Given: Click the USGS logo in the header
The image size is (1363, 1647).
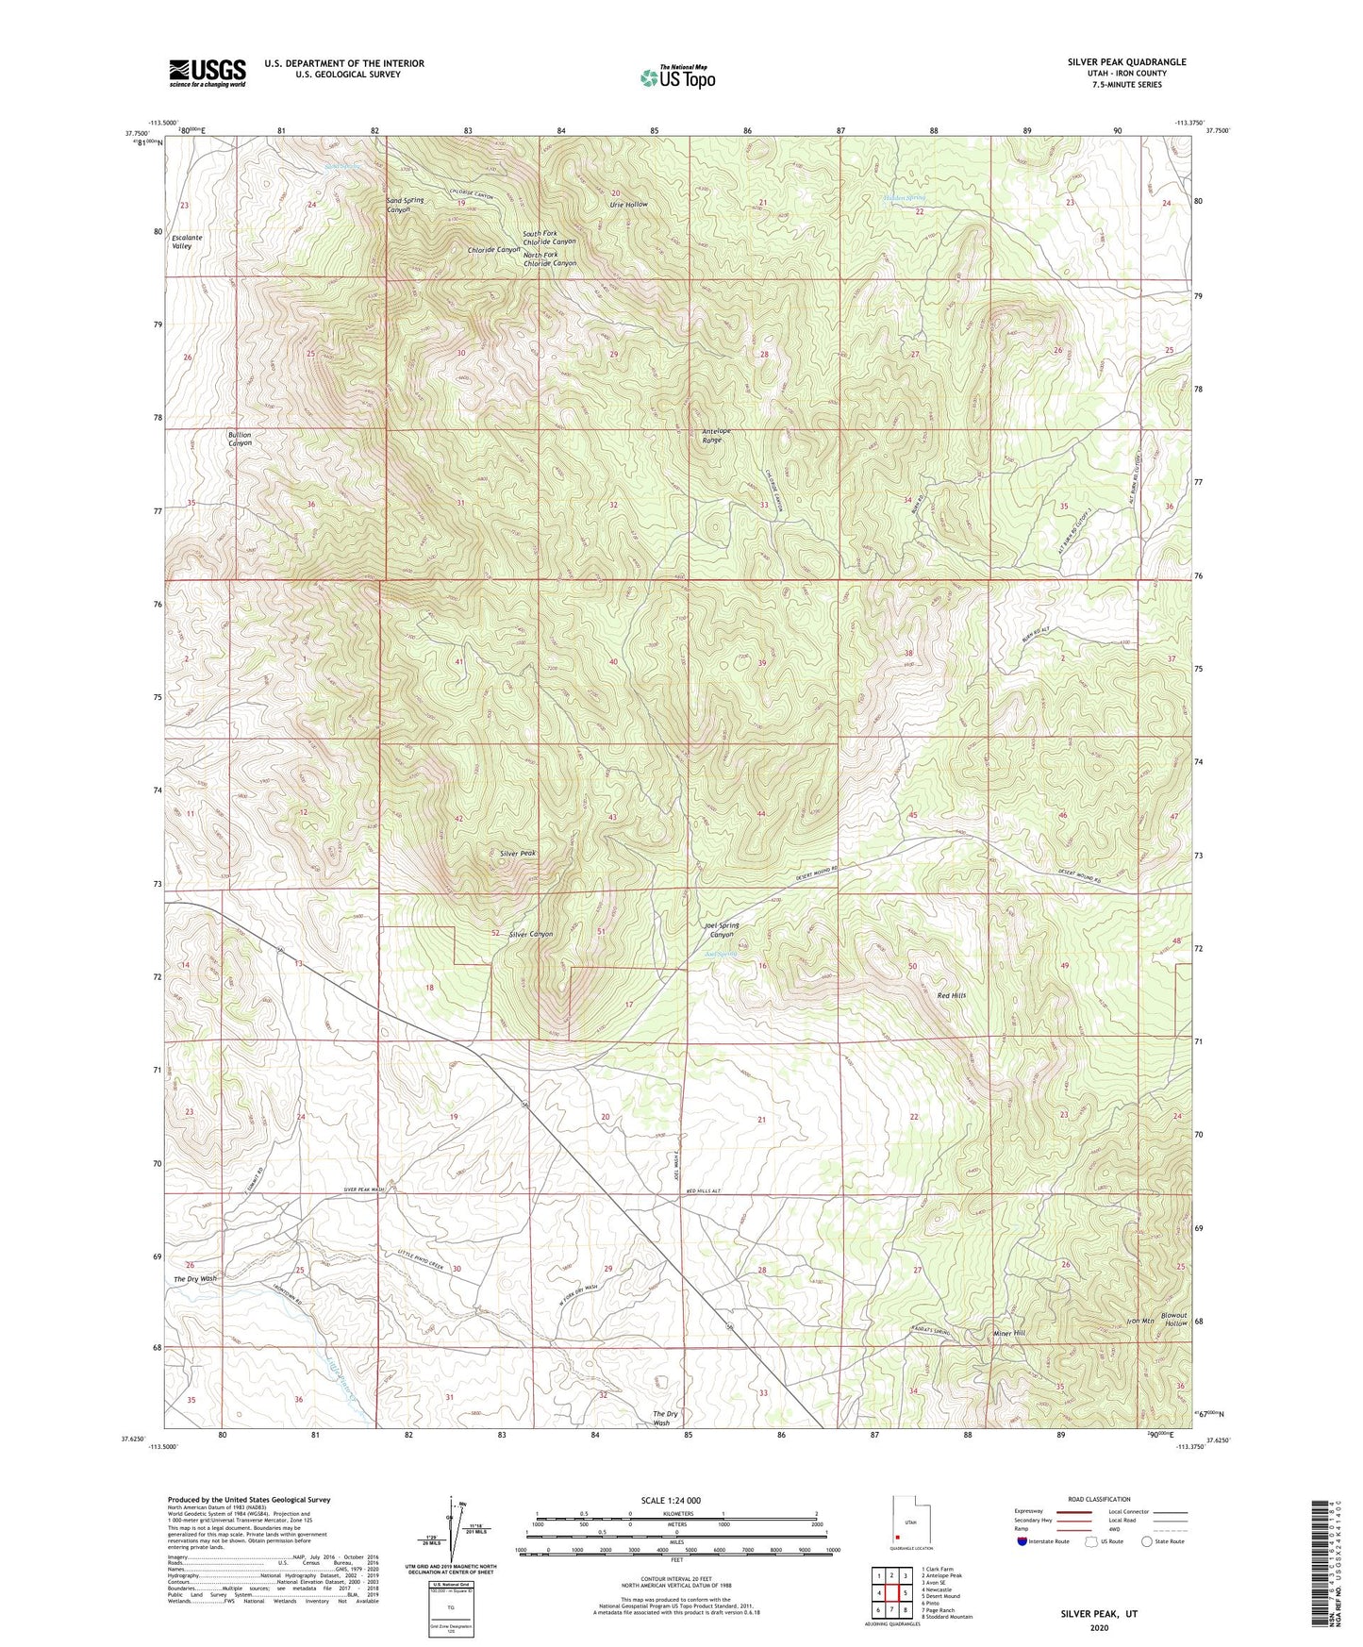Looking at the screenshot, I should [208, 73].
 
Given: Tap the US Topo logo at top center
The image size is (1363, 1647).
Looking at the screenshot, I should [676, 77].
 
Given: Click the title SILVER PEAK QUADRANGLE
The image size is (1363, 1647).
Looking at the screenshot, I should [1126, 62].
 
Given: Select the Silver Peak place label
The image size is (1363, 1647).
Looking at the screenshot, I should [518, 853].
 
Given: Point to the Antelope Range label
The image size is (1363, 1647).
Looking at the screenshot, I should [717, 436].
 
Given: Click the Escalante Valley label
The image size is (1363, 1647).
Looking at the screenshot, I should [187, 241].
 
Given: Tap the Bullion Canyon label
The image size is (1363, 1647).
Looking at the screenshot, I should [240, 439].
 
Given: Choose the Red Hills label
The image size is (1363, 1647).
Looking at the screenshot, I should [951, 995].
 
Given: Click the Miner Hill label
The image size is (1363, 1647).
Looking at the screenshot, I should [1008, 1333].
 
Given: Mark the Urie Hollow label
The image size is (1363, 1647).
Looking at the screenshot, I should [628, 205].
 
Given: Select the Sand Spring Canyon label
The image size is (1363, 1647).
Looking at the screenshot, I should [405, 205].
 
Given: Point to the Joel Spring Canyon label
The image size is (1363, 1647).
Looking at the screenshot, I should [722, 929].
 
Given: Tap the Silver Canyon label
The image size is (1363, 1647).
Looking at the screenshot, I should [530, 934].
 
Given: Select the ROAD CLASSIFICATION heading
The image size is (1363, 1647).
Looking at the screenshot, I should [1098, 1499].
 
